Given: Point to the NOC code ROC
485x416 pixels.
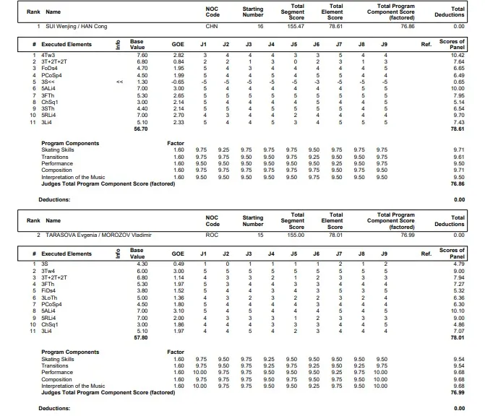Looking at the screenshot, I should tap(212, 235).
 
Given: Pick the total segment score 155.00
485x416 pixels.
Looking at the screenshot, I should tap(297, 235).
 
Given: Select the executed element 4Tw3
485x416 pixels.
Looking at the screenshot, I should tap(48, 54).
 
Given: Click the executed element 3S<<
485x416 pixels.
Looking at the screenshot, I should tap(48, 82).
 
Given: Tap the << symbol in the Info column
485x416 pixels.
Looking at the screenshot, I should tap(119, 82).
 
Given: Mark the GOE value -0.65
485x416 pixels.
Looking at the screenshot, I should tap(177, 82).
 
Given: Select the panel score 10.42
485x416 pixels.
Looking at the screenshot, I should tap(458, 54).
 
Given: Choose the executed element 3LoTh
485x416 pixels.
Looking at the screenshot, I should tap(50, 298).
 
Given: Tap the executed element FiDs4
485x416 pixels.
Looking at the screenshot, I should tap(49, 291).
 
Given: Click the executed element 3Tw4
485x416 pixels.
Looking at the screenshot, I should tap(48, 270).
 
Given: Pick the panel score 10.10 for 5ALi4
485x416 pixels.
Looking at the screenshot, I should tap(458, 311).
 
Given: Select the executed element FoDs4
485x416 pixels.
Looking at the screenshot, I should tap(49, 68).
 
